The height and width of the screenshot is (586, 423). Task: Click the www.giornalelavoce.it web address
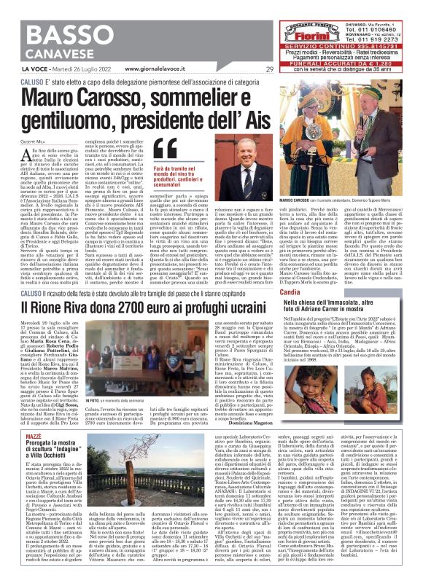148,70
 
